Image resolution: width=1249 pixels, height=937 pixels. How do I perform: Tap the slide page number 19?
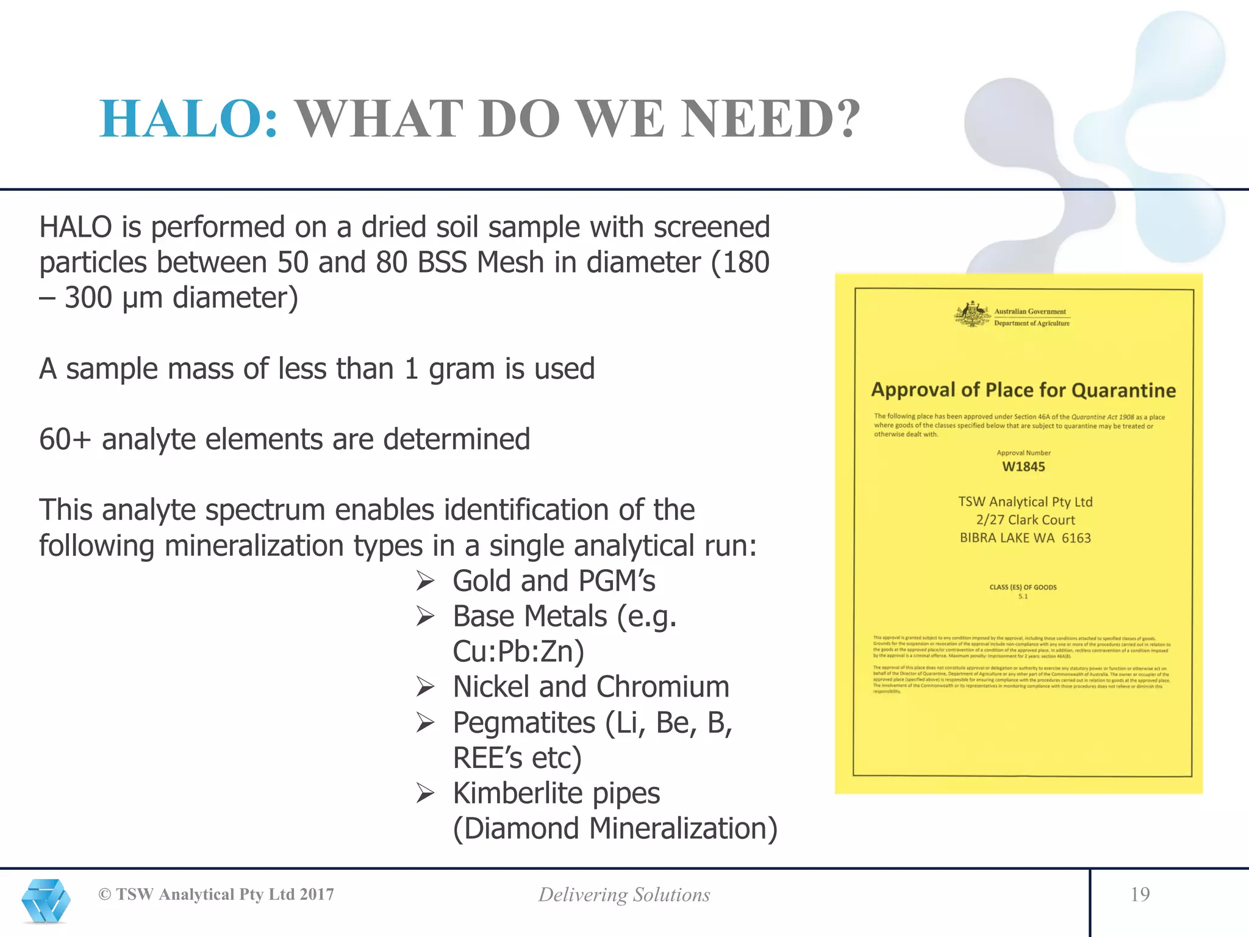[1140, 894]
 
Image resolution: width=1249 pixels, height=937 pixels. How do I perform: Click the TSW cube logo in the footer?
[46, 900]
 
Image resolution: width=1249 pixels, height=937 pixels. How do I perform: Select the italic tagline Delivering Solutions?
[624, 895]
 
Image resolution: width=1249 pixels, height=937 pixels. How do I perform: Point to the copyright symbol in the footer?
[105, 895]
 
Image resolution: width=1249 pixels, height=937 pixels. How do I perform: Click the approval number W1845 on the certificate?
[1023, 467]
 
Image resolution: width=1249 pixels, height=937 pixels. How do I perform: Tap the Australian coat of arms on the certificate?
[973, 315]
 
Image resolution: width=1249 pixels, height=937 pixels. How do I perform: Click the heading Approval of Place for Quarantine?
[1023, 390]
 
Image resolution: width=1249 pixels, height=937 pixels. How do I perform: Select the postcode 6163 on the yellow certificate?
[1076, 538]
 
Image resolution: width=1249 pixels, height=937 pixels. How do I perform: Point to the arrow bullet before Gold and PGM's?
[425, 581]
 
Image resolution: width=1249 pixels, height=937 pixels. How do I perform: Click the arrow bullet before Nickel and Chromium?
[425, 687]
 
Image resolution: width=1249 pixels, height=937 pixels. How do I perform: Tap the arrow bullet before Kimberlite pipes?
[425, 794]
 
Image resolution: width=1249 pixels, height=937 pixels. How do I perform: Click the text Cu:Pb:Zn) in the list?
[518, 652]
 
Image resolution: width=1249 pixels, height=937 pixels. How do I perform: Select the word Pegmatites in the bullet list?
[524, 723]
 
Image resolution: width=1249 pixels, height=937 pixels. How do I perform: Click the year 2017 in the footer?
[317, 895]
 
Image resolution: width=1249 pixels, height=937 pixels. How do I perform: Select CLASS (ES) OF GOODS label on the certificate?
[1023, 587]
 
